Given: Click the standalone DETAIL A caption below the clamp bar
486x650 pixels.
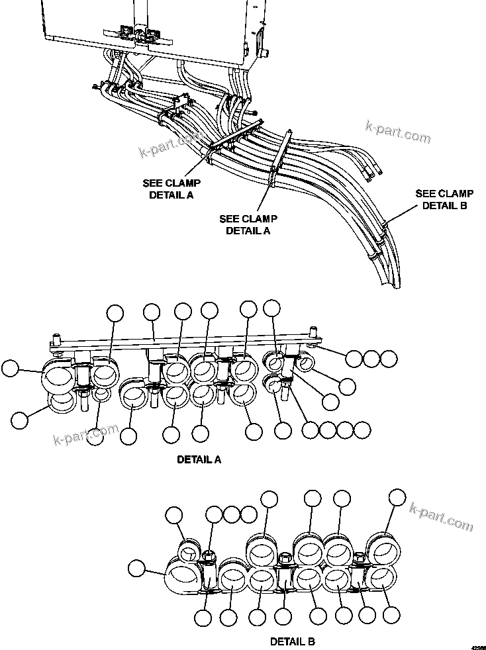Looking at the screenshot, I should (x=199, y=459).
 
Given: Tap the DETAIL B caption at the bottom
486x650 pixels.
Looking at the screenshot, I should (x=292, y=641).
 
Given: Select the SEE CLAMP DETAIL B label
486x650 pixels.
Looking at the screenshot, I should (x=444, y=200).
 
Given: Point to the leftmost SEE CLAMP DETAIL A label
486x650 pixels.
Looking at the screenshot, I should (x=171, y=189).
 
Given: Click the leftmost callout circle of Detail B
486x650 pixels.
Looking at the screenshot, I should (x=136, y=568).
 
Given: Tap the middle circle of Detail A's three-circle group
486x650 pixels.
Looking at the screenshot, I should (x=372, y=358).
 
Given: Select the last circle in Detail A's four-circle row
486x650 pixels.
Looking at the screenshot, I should (x=362, y=430).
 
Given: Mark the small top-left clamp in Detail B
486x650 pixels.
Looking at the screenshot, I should (x=189, y=550).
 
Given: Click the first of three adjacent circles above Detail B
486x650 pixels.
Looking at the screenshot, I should (x=214, y=514).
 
